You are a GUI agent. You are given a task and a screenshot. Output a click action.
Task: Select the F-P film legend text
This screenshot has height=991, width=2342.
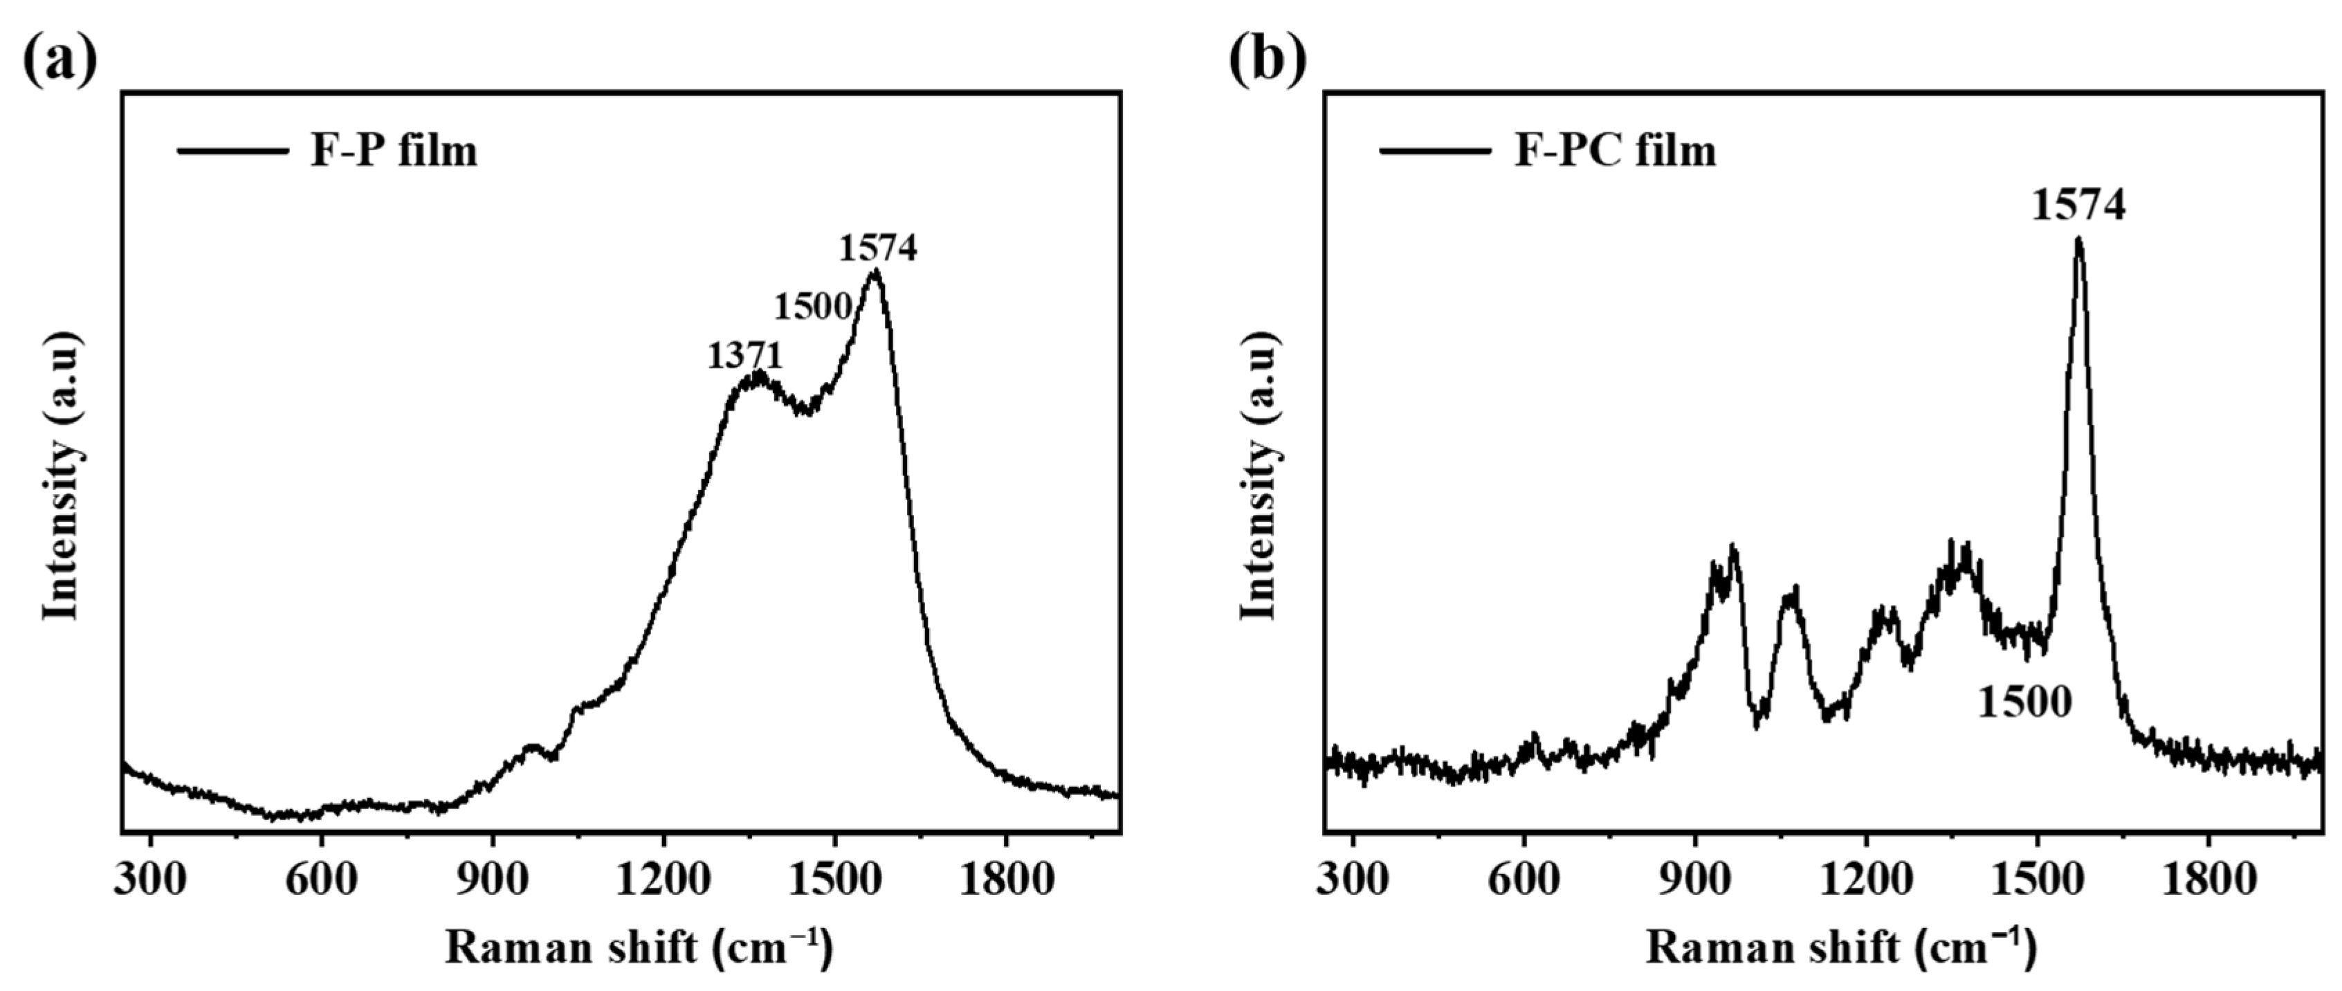(x=394, y=151)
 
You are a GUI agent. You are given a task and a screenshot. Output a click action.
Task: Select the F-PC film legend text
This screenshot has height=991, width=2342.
(x=1615, y=151)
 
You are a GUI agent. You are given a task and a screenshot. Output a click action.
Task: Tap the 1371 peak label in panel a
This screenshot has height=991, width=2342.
(x=744, y=356)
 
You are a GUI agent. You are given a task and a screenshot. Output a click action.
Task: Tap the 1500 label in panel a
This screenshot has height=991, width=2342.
(x=812, y=307)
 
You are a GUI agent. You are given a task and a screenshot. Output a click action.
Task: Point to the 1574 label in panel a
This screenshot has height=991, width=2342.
(x=877, y=247)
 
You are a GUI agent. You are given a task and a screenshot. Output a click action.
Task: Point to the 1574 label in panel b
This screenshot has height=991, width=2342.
(x=2078, y=206)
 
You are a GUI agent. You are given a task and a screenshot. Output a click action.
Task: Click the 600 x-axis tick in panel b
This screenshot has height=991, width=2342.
(x=1524, y=881)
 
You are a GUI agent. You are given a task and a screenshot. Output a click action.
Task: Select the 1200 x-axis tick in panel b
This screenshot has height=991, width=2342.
(x=1865, y=881)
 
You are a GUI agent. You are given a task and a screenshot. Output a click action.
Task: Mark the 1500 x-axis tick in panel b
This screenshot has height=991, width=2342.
(x=2036, y=881)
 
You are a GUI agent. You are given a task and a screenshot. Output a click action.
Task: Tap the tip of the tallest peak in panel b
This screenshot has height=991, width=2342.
(x=2078, y=240)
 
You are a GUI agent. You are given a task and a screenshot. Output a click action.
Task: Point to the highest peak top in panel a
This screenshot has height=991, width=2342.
(x=875, y=271)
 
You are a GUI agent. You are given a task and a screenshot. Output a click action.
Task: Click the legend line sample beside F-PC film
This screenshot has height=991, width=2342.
(x=1435, y=151)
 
